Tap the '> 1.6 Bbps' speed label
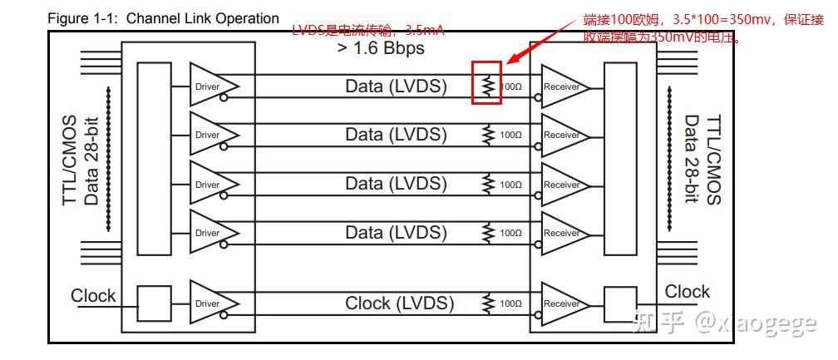coord(381,48)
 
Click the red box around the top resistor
coord(486,82)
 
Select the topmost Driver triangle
coord(210,86)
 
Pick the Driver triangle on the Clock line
coord(210,303)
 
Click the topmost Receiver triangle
coord(564,86)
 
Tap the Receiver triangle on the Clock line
coord(564,303)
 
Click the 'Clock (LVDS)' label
coord(400,303)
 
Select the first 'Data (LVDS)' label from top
coord(397,86)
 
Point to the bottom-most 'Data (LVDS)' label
coord(397,233)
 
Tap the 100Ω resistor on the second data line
coord(488,135)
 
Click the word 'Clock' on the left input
coord(93,296)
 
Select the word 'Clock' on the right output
coord(687,292)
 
